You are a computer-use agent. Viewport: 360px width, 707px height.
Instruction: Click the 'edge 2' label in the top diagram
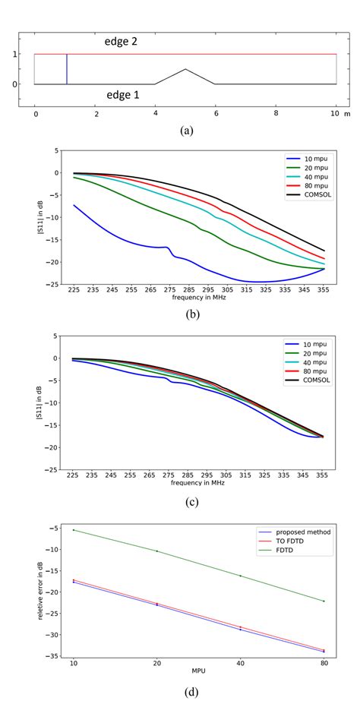125,43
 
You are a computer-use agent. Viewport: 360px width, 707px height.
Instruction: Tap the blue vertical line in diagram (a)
67,69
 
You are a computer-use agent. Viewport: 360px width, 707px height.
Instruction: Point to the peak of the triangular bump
185,69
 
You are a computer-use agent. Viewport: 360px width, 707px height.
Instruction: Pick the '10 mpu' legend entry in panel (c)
305,346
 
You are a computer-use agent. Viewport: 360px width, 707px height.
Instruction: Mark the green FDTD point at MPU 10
74,530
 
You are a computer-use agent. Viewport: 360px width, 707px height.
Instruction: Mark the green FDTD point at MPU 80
324,601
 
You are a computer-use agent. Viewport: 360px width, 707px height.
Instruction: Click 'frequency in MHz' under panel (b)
197,298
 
